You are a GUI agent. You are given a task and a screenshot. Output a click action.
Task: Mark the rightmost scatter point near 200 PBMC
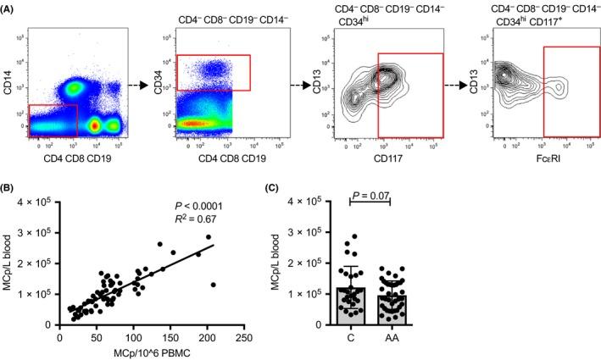[x=213, y=285]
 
